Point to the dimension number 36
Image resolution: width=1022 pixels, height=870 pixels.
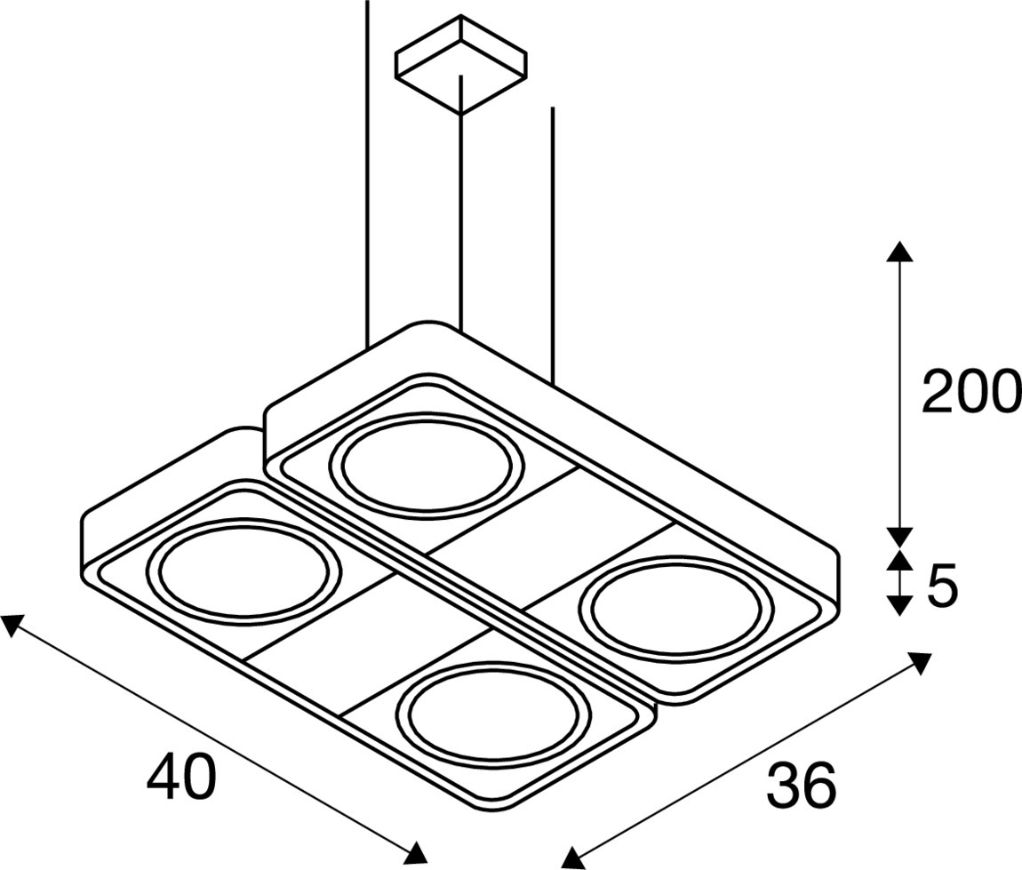(801, 785)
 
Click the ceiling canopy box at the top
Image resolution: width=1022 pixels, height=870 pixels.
(461, 64)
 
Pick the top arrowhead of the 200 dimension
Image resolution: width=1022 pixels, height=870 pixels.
(900, 251)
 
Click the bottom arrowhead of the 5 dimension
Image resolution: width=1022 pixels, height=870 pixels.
(900, 606)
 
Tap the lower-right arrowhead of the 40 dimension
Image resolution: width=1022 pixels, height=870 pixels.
(416, 850)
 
